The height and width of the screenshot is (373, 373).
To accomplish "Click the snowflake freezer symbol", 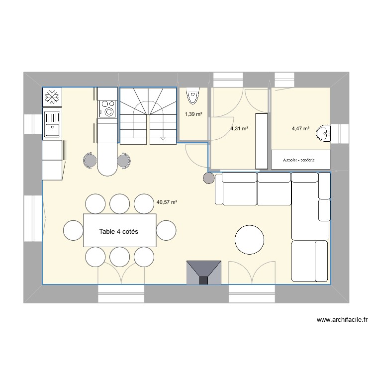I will click(52, 97).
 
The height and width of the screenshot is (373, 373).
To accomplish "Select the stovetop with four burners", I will click(107, 109).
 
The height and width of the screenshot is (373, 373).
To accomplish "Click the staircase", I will click(148, 115).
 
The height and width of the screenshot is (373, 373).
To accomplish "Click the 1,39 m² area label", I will click(193, 114).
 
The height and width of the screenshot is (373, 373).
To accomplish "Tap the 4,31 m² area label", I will click(239, 129).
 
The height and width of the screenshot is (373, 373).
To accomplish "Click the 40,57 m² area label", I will click(167, 202).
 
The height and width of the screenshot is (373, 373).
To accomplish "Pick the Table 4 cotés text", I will click(119, 232).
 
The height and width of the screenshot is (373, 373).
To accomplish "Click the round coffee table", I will click(250, 240).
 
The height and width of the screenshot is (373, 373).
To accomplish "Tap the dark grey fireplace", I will click(203, 273).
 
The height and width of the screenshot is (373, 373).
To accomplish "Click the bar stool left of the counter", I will click(90, 160).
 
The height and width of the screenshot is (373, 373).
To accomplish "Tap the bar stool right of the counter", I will click(123, 160).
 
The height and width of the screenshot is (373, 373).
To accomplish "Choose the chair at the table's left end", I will click(74, 230).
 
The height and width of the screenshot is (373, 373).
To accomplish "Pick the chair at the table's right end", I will click(166, 230).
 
